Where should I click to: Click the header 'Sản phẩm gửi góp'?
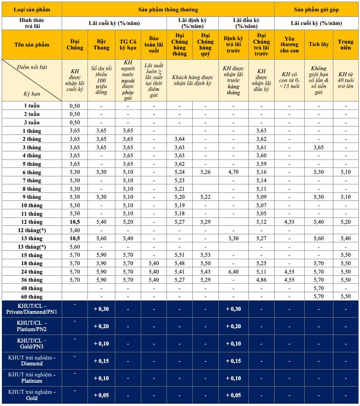[316, 9]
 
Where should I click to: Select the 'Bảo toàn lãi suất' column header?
[154, 44]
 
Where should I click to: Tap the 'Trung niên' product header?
[345, 44]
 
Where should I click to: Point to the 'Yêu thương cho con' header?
[289, 44]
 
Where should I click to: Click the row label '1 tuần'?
[32, 106]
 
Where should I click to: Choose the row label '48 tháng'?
[32, 288]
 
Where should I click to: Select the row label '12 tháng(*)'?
[32, 230]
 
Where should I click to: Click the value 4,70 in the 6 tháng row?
[233, 172]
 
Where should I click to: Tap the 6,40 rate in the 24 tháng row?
[233, 272]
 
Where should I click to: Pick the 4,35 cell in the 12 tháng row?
[289, 222]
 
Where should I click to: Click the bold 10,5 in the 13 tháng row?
[74, 239]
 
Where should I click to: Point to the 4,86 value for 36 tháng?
[261, 280]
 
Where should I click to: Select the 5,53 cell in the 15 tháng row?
[205, 255]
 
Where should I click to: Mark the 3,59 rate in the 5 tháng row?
[261, 164]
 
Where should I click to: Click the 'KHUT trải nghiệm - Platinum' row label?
[32, 378]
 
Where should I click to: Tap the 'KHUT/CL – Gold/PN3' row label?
[32, 343]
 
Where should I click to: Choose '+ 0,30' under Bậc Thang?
[101, 309]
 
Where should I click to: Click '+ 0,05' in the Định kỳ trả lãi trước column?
[233, 395]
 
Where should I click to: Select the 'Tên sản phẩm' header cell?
[32, 44]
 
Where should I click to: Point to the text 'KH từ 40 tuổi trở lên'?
[345, 80]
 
